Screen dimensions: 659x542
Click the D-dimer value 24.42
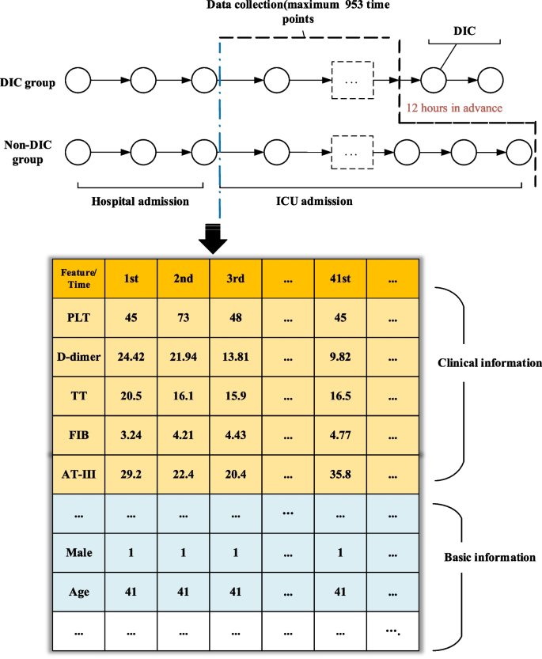pyautogui.click(x=131, y=357)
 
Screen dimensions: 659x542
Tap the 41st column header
pyautogui.click(x=339, y=279)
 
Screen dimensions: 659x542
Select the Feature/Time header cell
pyautogui.click(x=78, y=278)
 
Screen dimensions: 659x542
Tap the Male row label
pyautogui.click(x=78, y=552)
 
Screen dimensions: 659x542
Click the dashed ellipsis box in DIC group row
pyautogui.click(x=351, y=80)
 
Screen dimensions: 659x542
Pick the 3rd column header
pyautogui.click(x=235, y=279)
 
